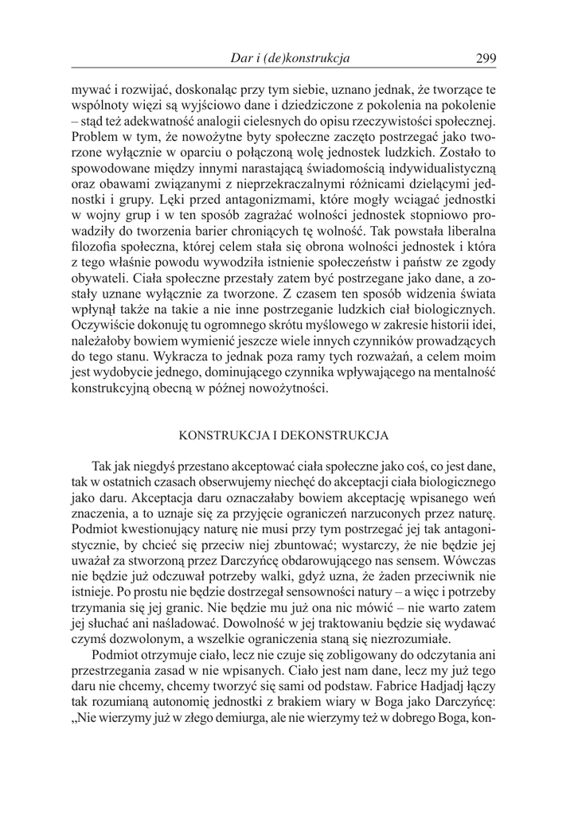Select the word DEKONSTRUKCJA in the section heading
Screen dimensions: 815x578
(345, 436)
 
